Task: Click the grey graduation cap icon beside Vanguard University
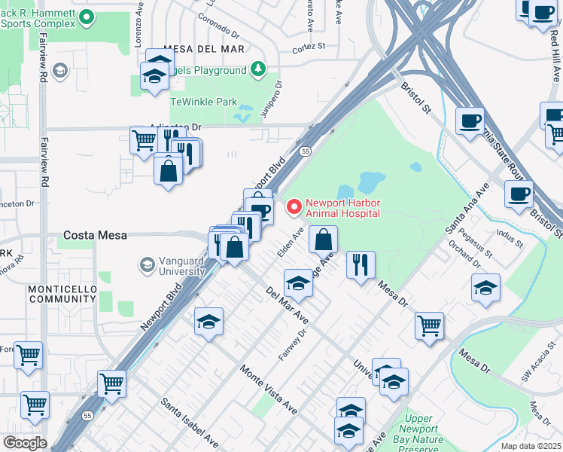(147, 265)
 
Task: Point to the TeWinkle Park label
(203, 102)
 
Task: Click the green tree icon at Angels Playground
(258, 69)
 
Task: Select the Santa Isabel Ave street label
(189, 424)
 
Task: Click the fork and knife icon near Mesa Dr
(361, 264)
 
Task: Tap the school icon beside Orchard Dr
(485, 287)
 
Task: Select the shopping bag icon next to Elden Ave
(323, 240)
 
